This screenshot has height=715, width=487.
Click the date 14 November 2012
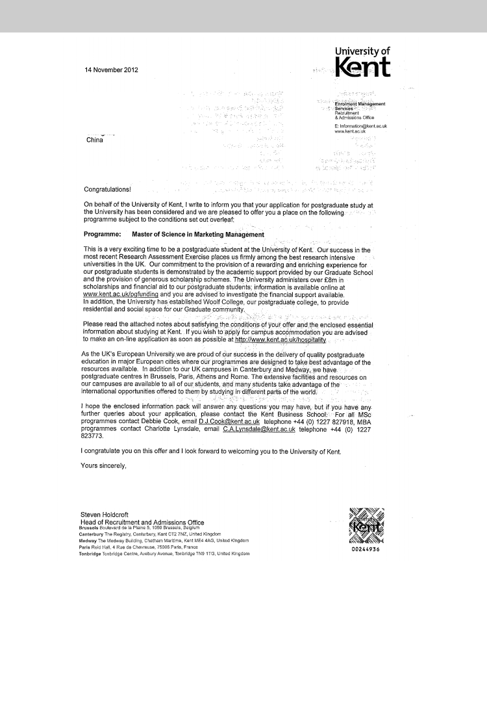tap(112, 70)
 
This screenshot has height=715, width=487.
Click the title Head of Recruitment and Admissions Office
tap(142, 523)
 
